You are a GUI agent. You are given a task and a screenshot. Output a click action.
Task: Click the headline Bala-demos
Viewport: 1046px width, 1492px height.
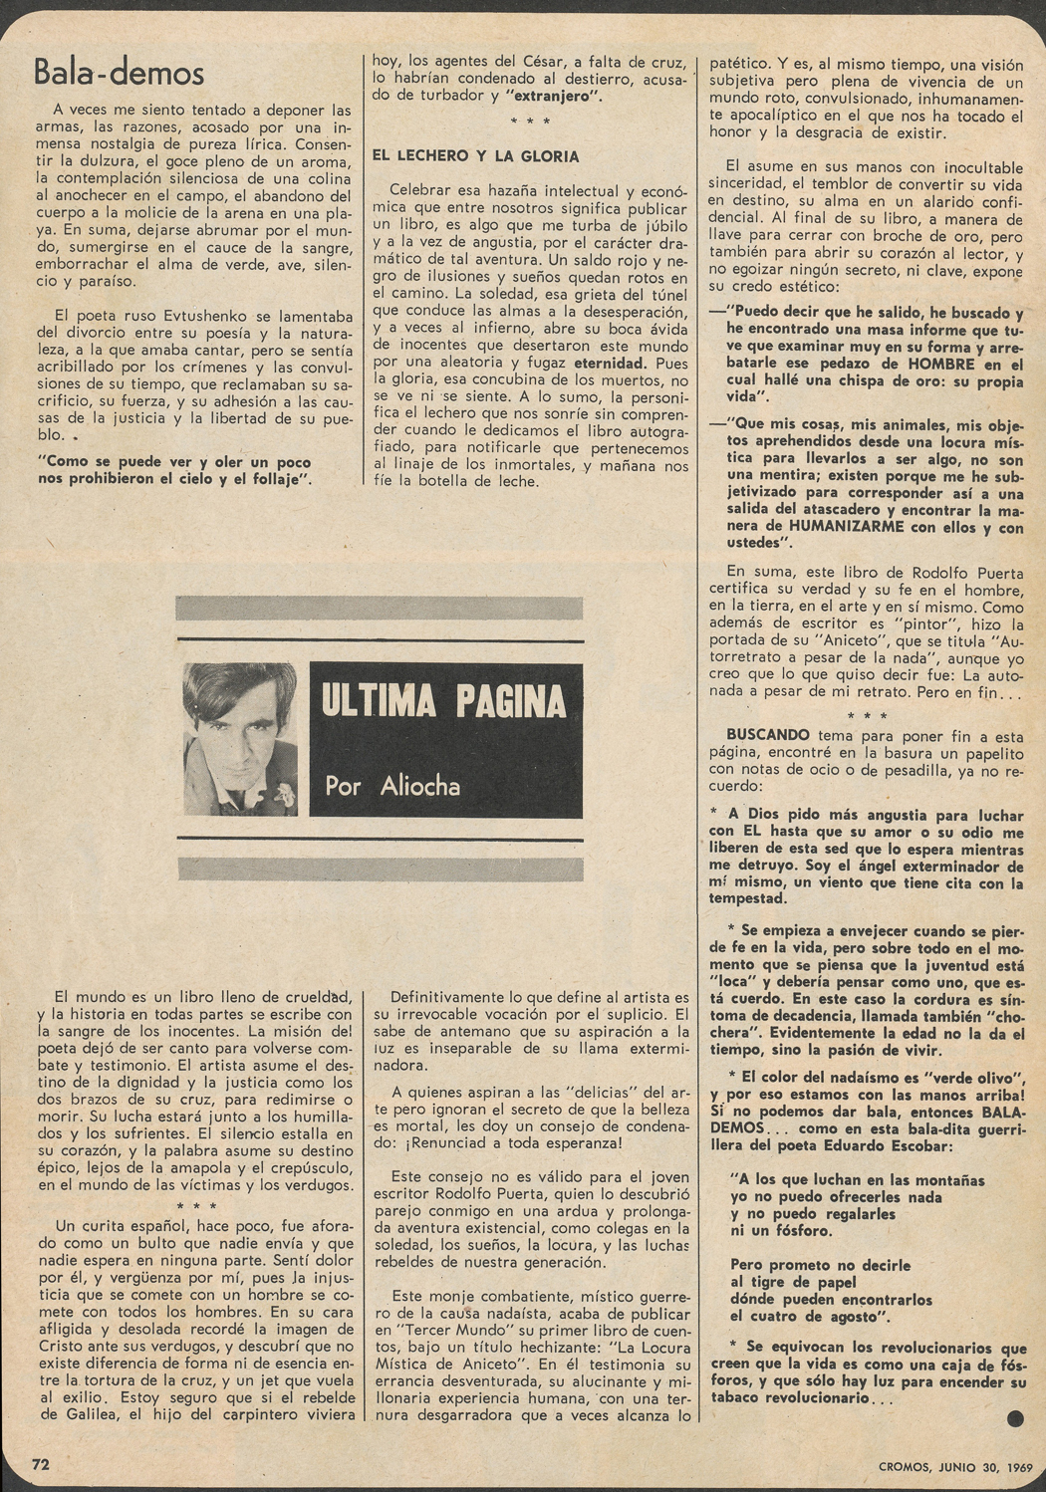pyautogui.click(x=119, y=72)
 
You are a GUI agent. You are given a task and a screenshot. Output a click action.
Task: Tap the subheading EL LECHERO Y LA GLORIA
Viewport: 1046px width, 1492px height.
pyautogui.click(x=474, y=156)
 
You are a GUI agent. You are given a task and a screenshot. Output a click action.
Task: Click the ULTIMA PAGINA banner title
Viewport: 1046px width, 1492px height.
pyautogui.click(x=443, y=702)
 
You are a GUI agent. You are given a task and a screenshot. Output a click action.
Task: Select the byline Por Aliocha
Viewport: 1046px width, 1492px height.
pyautogui.click(x=392, y=786)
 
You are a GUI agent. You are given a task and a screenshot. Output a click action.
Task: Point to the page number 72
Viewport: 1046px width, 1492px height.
pyautogui.click(x=41, y=1464)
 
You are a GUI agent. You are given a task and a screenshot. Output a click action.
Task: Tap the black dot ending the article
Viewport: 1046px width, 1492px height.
pyautogui.click(x=1015, y=1418)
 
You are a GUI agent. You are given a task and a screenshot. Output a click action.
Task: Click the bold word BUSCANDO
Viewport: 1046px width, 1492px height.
pyautogui.click(x=767, y=735)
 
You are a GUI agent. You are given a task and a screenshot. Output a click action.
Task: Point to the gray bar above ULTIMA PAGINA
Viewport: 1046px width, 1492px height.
pyautogui.click(x=379, y=608)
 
